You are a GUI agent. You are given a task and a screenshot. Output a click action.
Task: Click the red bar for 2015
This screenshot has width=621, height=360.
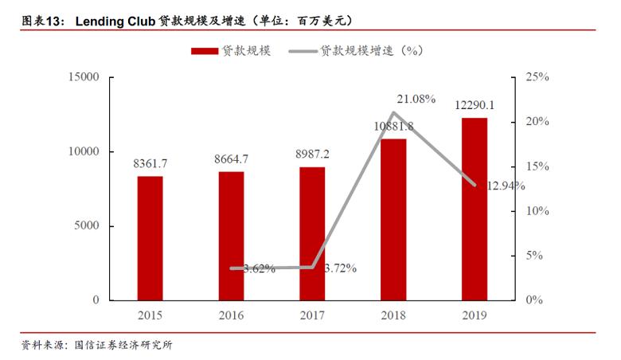[150, 238]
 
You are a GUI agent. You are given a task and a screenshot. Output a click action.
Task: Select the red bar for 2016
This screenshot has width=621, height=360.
[231, 236]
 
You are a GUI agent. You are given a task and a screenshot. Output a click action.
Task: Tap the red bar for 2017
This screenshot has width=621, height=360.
[312, 233]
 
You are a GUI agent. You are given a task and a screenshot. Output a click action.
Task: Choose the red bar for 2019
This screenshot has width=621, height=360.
[475, 209]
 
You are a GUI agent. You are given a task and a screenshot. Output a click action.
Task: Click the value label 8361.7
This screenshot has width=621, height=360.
[150, 163]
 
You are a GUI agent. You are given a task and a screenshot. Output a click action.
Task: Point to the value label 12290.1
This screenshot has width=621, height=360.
[475, 105]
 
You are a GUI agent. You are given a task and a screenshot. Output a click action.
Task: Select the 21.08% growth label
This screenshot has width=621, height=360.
[416, 99]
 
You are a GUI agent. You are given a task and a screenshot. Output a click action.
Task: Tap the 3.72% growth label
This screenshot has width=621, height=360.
[341, 268]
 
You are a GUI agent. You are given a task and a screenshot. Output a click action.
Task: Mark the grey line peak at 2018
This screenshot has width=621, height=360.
[393, 112]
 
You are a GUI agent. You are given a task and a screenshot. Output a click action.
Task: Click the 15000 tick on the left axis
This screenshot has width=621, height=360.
[84, 77]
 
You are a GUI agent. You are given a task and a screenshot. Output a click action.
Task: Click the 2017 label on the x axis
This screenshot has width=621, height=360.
[312, 315]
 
